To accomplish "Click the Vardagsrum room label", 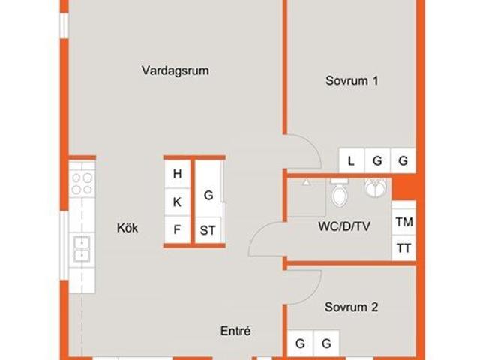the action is (175, 70).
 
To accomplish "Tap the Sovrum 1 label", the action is (352, 81).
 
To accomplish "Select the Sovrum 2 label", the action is (351, 307).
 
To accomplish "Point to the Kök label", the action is (127, 228).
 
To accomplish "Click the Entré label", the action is (235, 331).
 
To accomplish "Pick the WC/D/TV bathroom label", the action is (344, 226).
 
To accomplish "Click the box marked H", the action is (177, 174).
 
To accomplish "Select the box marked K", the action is (177, 202).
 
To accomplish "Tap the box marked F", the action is (177, 229).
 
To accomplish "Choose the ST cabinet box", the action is (208, 230).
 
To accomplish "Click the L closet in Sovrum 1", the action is (352, 160).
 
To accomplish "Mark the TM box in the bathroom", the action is (404, 222).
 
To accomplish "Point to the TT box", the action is (404, 247).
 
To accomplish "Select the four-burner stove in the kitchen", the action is (82, 183).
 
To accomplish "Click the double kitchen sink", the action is (82, 248).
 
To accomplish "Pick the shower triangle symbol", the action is (306, 183).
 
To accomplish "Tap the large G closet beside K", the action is (208, 195).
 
